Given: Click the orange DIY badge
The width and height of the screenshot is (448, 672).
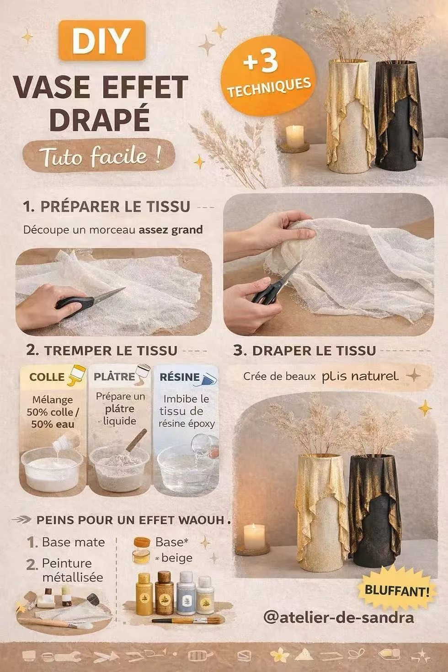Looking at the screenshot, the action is click(102, 40).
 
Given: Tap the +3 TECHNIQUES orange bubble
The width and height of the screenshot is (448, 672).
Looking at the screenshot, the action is click(268, 76).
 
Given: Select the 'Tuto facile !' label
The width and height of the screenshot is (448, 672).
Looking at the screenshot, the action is click(99, 156).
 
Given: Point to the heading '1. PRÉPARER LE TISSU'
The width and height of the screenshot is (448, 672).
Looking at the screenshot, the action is click(107, 207).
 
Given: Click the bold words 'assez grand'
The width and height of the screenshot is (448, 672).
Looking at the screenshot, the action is click(171, 230).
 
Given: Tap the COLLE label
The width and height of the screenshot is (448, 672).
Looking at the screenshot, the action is click(47, 377).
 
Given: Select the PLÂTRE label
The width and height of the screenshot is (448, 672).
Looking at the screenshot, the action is click(114, 377).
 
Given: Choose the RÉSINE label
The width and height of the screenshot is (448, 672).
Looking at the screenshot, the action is click(180, 377).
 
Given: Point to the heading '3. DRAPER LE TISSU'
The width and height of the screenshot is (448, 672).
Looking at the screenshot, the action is click(304, 350).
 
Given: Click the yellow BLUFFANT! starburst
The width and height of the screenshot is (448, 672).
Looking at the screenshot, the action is click(397, 591).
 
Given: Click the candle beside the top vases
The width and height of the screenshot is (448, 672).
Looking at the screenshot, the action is click(295, 137).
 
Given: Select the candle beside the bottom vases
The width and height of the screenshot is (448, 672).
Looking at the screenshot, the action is click(254, 537).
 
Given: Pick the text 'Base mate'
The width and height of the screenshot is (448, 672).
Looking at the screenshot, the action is click(73, 542).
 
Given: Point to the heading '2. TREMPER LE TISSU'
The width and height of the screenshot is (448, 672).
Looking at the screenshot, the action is click(102, 350).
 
